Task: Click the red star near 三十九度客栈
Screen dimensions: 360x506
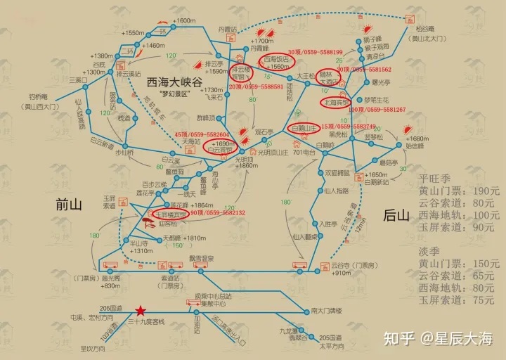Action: pos(141,310)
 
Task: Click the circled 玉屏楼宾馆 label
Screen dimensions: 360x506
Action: pos(170,214)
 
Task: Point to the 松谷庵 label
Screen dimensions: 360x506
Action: pos(425,29)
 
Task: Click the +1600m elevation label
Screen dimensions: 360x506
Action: pos(184,21)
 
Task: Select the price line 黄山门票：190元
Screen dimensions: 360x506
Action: pos(458,191)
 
